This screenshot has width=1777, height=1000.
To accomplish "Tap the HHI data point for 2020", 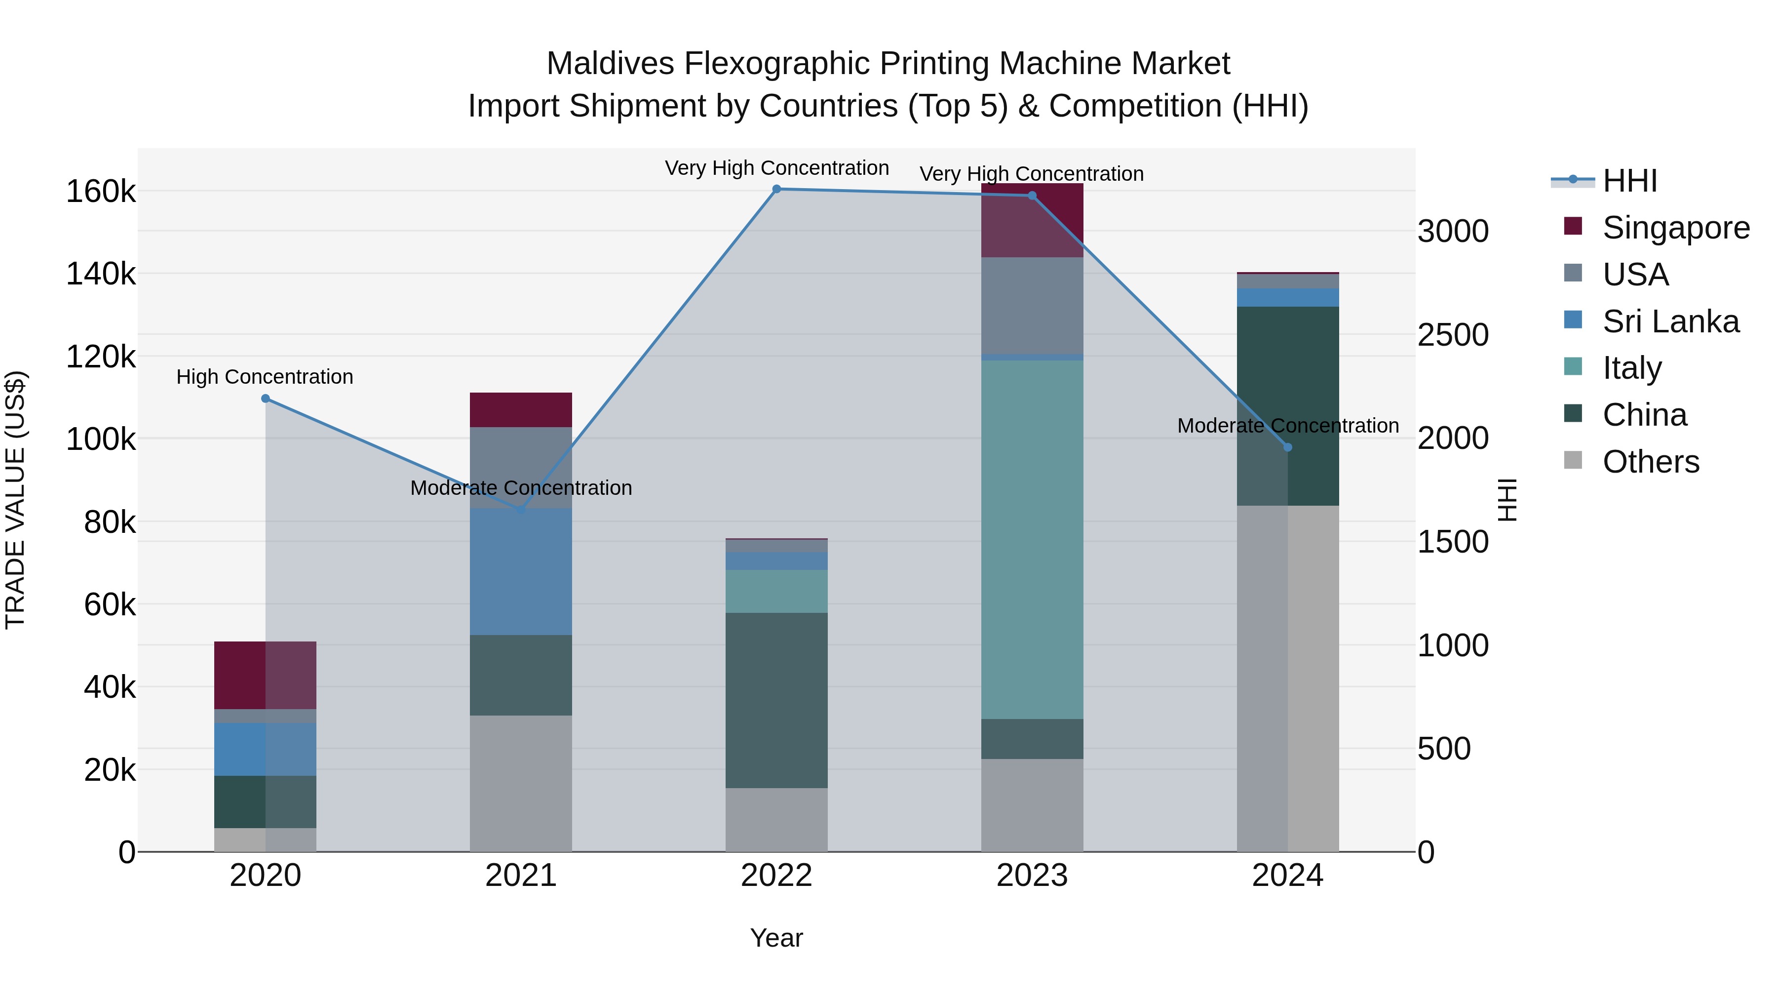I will point(266,398).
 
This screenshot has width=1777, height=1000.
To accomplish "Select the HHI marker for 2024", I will point(1287,447).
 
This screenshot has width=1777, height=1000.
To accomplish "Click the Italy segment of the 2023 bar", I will point(1032,538).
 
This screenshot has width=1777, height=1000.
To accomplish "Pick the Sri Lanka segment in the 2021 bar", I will point(521,571).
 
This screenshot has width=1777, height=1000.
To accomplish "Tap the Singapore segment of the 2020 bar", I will point(266,675).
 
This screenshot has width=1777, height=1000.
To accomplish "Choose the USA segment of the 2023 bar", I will point(1032,305).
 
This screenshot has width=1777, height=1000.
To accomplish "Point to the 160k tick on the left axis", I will point(101,191).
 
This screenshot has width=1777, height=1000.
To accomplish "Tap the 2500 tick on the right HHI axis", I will point(1453,335).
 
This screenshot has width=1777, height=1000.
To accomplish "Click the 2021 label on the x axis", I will point(521,876).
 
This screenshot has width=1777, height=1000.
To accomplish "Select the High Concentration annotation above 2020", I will point(265,377).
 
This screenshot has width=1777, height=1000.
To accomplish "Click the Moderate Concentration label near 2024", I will point(1287,426).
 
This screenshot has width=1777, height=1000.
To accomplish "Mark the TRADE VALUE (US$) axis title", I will point(15,500).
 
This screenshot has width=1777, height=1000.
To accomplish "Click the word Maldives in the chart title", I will point(610,64).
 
